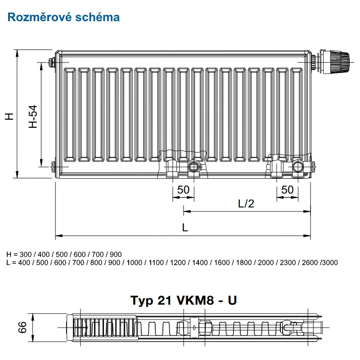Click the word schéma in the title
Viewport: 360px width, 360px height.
pos(98,17)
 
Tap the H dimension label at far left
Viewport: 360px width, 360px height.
pos(9,117)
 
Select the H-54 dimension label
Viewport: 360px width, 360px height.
pos(33,117)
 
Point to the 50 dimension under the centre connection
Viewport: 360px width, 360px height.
pos(183,190)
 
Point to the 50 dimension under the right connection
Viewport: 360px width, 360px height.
pos(287,190)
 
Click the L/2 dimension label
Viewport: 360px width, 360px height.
pos(246,204)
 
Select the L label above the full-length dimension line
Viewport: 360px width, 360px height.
pos(185,228)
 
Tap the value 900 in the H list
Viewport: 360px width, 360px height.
pos(116,254)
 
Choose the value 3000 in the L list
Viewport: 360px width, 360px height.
pos(330,262)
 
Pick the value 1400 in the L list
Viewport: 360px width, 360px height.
pos(200,262)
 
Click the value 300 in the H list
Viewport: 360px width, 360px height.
pos(26,254)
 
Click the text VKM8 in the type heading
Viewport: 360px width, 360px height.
pos(195,300)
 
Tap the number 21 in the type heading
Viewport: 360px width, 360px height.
pos(165,300)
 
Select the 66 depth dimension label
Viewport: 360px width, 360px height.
pos(22,328)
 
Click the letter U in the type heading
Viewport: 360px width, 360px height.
pos(232,300)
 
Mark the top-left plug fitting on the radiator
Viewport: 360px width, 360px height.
pos(52,62)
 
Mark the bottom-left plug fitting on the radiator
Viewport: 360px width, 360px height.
pos(53,166)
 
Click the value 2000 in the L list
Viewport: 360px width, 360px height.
pos(265,262)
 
